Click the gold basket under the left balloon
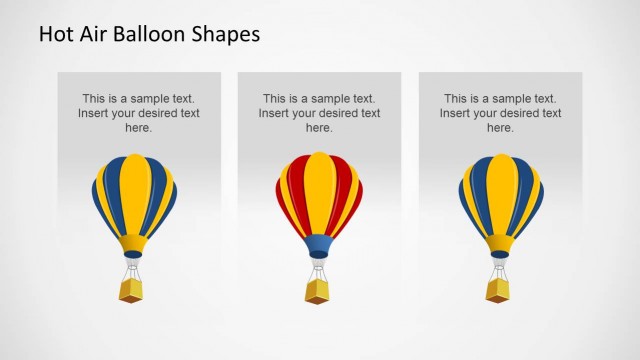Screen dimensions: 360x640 [131, 290]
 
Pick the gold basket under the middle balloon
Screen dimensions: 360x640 [317, 290]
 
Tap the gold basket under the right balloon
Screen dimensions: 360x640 [498, 290]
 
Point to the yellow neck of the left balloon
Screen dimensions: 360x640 [133, 243]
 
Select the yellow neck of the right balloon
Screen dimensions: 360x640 [500, 243]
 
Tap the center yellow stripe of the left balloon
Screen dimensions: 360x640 [136, 195]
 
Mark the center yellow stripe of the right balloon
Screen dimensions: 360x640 [500, 195]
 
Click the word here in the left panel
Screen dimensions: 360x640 [138, 128]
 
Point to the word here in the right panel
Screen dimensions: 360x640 [500, 128]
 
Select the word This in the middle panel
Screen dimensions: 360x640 [275, 99]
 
